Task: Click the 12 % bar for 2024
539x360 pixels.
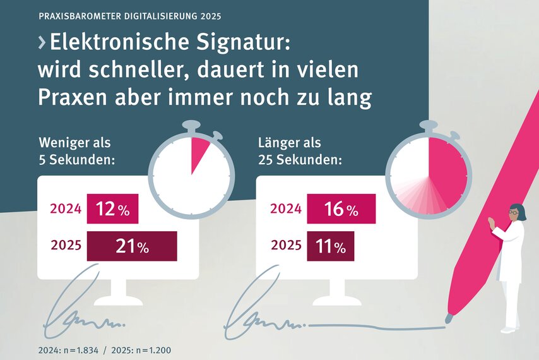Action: pos(112,209)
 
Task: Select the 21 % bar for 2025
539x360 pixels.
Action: pos(131,246)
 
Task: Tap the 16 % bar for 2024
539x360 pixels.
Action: pos(341,209)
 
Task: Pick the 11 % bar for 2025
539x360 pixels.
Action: pos(330,246)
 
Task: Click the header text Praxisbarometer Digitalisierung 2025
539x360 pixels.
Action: pos(130,14)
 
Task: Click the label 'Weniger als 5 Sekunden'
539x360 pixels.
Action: pos(76,151)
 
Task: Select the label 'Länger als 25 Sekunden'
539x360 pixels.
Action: pos(300,151)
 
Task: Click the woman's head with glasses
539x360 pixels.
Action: pos(516,213)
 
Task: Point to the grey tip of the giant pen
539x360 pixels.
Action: pos(449,318)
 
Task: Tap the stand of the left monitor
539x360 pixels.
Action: pos(118,292)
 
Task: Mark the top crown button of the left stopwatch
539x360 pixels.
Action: pos(191,126)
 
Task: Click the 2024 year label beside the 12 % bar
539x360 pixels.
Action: pos(66,210)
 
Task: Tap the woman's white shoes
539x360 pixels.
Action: pos(509,329)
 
